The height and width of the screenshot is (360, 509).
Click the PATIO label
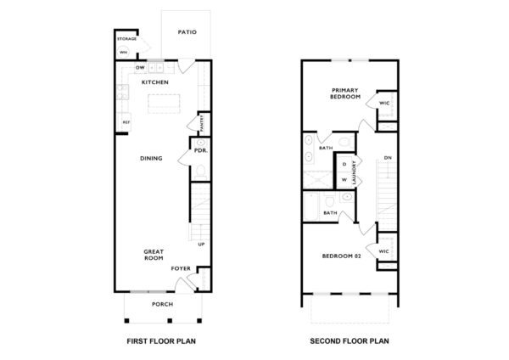187,32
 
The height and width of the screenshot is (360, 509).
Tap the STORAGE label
127,38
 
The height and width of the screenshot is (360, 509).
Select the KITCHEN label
154,82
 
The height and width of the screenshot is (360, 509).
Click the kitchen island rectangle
165,104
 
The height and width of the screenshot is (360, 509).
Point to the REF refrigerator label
126,122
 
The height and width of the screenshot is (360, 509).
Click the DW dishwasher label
139,67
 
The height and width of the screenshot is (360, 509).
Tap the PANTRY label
200,126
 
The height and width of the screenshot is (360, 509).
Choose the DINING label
152,157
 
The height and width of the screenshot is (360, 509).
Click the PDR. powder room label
201,151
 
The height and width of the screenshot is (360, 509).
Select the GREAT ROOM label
154,256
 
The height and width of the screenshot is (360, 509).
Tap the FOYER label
181,268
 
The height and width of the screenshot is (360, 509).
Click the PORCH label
163,303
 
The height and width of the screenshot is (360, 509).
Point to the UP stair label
201,245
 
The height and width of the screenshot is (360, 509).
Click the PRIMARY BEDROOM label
346,93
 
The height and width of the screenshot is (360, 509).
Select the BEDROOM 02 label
341,256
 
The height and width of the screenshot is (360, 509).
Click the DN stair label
388,159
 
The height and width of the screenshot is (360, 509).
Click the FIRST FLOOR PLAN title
161,344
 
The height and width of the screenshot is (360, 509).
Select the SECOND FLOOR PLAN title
350,344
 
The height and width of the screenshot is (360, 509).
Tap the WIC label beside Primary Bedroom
384,103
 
